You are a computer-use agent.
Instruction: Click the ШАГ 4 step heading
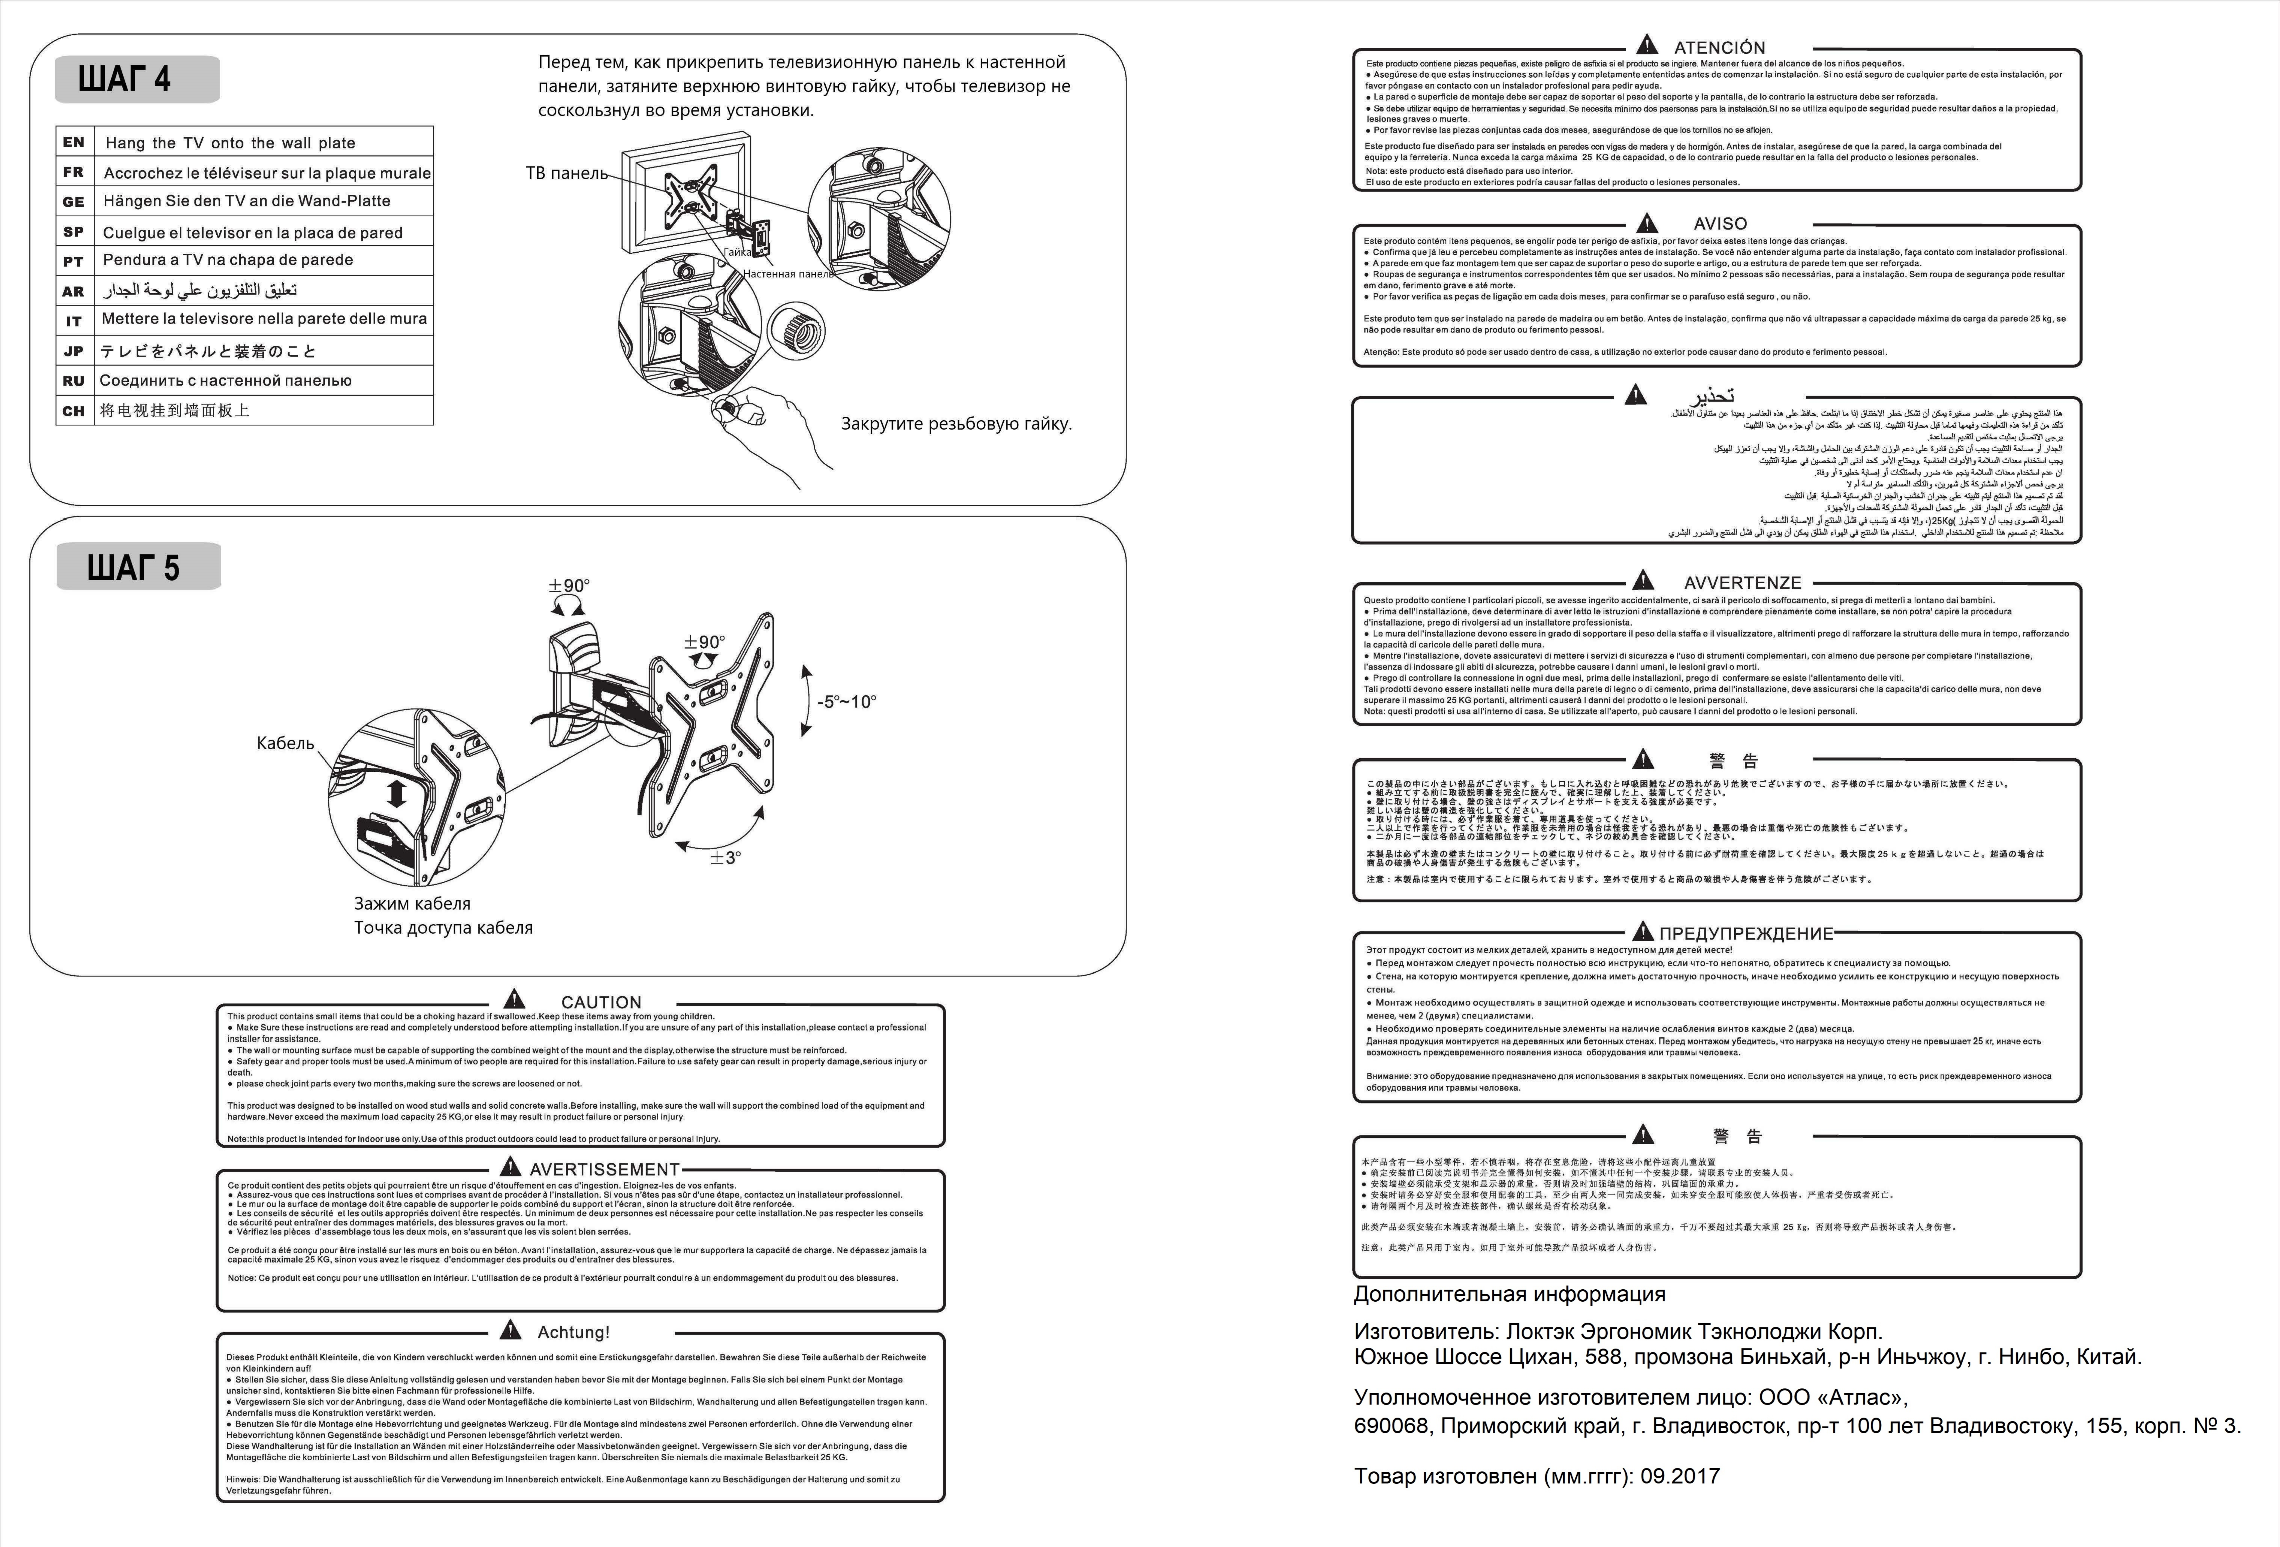click(125, 79)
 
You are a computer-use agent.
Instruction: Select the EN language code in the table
click(74, 142)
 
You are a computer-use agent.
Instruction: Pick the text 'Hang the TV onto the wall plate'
click(231, 143)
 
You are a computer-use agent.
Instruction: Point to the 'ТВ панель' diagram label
click(566, 174)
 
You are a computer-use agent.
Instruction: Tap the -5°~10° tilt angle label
click(847, 702)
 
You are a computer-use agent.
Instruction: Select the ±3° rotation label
click(726, 857)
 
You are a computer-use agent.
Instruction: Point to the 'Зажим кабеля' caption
click(412, 904)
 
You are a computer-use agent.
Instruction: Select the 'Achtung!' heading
click(573, 1332)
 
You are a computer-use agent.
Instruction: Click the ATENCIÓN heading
click(1719, 47)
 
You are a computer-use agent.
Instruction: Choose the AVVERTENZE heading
click(1742, 583)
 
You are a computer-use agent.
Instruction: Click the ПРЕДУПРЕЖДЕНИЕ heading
click(1745, 934)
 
